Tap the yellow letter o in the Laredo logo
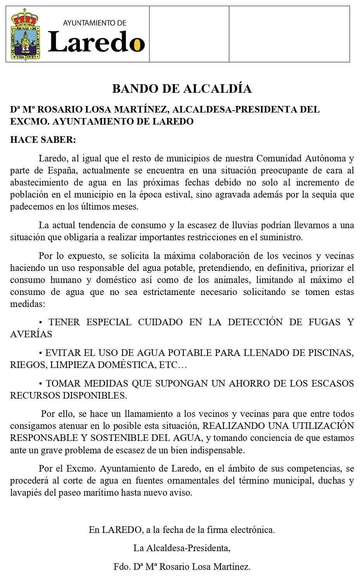[x=137, y=44]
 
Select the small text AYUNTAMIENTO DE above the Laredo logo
[x=95, y=23]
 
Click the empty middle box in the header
[x=189, y=34]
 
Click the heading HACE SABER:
[x=43, y=140]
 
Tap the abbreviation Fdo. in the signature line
[x=121, y=567]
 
